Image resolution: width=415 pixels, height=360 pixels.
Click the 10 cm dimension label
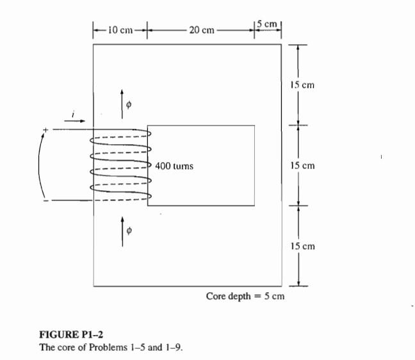pos(119,29)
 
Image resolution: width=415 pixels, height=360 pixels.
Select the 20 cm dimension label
pos(201,29)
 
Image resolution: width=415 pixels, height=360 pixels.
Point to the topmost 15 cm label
pos(302,85)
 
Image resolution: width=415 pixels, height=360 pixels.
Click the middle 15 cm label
pos(302,166)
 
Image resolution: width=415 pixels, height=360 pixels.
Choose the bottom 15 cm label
pos(302,247)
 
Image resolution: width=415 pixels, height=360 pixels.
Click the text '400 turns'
pos(174,166)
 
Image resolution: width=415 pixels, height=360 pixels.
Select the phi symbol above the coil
pos(129,105)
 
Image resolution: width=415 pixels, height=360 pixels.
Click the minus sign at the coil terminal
pos(45,201)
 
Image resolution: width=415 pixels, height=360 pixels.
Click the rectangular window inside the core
pos(201,165)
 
